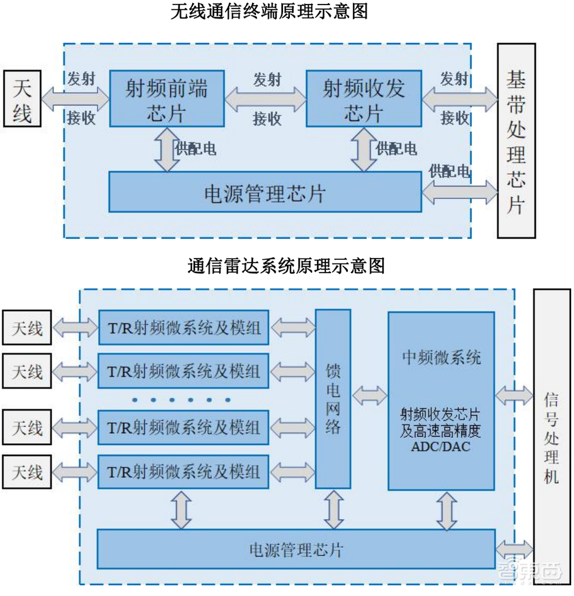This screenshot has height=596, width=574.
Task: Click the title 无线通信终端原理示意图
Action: pos(269,11)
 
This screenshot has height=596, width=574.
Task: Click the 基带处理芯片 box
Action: pos(516,140)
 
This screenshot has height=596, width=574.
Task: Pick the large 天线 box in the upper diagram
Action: pos(22,98)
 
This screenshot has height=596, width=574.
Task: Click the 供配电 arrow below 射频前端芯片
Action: pos(167,149)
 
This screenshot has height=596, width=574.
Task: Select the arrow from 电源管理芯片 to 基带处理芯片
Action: pos(460,192)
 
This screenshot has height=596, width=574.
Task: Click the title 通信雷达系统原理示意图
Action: pos(285,266)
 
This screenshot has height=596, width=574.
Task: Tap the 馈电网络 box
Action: pos(333,399)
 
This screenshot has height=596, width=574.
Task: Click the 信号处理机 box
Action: pos(551,436)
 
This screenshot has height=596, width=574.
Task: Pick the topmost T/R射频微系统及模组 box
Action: pos(184,328)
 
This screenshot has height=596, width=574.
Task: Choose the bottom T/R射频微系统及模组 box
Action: pos(184,472)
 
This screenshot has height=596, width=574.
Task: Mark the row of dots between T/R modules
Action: pos(181,400)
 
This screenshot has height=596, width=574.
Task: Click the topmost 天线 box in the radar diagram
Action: pos(27,328)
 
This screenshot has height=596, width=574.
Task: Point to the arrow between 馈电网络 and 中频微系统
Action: pos(370,394)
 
